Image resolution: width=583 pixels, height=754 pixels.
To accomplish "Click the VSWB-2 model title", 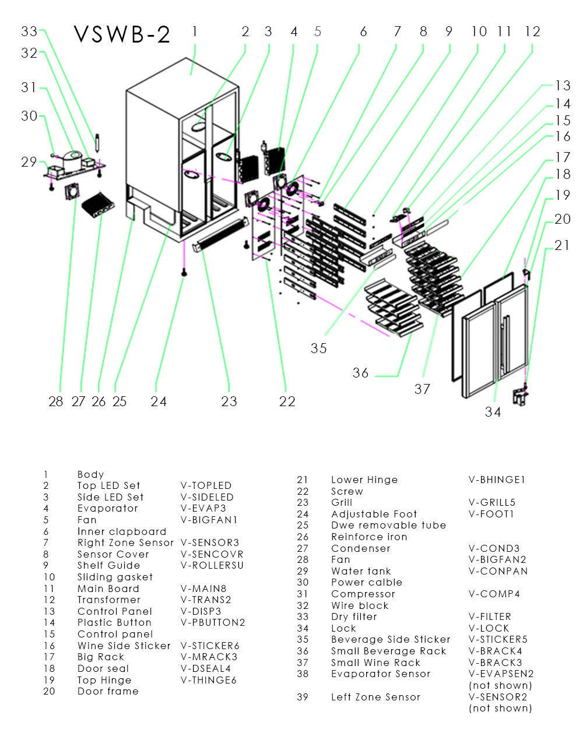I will click(122, 35).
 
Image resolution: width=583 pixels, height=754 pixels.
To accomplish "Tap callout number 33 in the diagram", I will click(29, 31).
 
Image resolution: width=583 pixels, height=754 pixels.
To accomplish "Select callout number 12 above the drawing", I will click(532, 31).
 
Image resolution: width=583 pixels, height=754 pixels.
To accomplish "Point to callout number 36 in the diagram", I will click(360, 373).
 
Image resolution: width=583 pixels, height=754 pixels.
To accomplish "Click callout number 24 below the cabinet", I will click(159, 401).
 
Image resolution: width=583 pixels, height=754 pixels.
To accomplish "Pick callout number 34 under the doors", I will click(493, 412).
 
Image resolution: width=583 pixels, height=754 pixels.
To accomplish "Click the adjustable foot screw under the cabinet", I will click(184, 272).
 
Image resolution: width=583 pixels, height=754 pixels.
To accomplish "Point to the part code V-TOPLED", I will click(206, 485).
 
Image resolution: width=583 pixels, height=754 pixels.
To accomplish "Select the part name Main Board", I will click(108, 589).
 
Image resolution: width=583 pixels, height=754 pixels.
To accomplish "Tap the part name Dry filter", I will click(354, 616).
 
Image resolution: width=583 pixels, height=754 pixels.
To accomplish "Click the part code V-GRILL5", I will click(492, 502).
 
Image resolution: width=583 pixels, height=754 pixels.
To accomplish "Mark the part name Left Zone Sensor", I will click(375, 697).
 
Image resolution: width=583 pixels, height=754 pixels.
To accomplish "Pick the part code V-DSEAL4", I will click(206, 668).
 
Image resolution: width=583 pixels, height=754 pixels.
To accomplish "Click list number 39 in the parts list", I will click(302, 697).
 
